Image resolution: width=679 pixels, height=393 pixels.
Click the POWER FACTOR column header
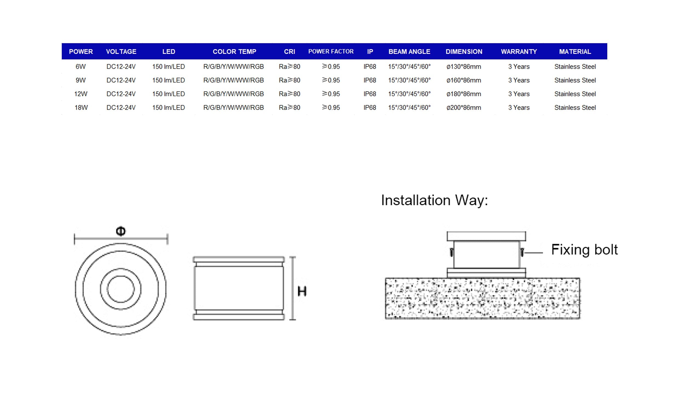coord(331,52)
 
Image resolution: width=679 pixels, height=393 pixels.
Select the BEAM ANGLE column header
coord(409,52)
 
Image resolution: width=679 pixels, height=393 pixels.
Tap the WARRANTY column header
coord(519,52)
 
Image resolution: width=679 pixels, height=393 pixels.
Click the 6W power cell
coord(80,67)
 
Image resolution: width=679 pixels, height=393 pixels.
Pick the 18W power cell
coord(81,108)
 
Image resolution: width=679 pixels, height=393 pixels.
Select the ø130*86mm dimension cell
coord(464,67)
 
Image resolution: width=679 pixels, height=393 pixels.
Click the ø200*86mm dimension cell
coord(464,108)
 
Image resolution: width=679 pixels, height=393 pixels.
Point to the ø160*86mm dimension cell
coord(464,80)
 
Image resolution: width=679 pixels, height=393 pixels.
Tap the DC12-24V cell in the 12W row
coord(121,94)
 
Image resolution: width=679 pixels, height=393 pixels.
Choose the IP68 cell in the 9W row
coord(370,80)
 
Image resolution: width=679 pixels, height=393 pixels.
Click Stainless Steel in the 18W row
coord(575,108)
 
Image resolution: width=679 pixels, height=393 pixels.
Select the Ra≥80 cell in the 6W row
coord(289,67)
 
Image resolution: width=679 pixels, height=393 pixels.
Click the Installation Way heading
coord(435,200)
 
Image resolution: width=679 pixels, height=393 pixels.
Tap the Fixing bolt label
coord(584,250)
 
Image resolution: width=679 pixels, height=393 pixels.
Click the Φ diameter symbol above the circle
coord(121,231)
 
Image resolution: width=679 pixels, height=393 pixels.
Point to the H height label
coord(302,291)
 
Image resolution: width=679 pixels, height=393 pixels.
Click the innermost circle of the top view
coord(121,289)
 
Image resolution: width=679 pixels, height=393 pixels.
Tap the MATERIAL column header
coord(575,52)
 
